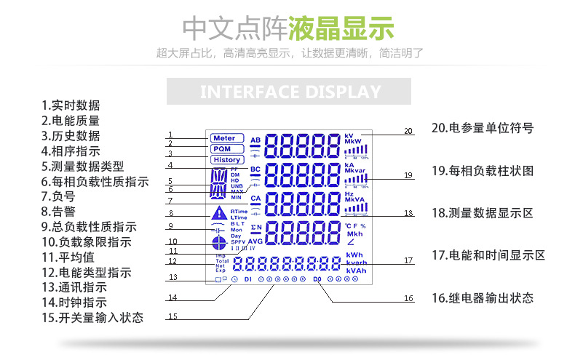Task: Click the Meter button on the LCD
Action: (224, 138)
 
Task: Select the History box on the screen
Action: (227, 160)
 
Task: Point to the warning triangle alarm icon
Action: (219, 213)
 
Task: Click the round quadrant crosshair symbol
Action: (218, 244)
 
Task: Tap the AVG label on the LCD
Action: (255, 241)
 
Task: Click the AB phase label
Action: (255, 140)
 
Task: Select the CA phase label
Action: (255, 198)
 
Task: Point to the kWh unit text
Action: (354, 255)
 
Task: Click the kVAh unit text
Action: (356, 271)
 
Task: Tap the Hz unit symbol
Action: (349, 195)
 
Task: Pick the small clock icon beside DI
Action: (234, 279)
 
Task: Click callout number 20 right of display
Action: (408, 131)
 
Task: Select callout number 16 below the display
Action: (408, 298)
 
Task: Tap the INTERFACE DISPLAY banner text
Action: (290, 92)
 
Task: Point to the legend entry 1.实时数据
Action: (71, 105)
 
